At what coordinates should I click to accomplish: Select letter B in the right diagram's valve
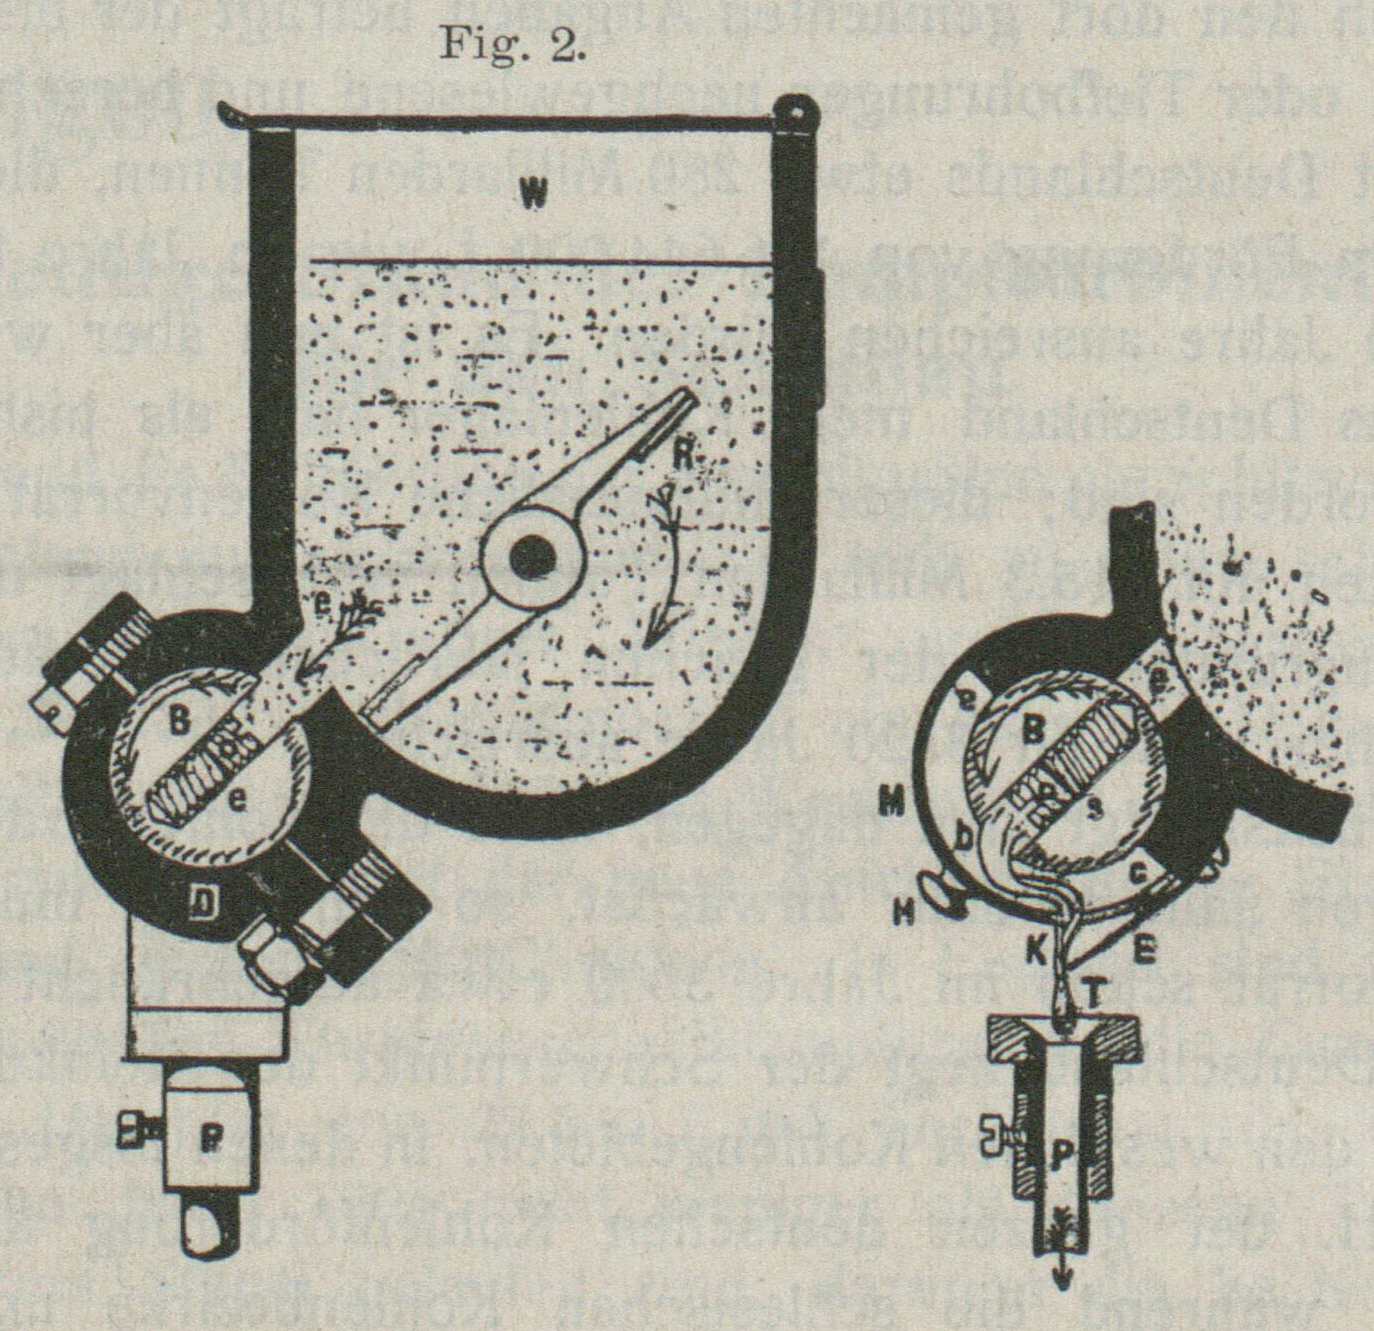coord(1033,732)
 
